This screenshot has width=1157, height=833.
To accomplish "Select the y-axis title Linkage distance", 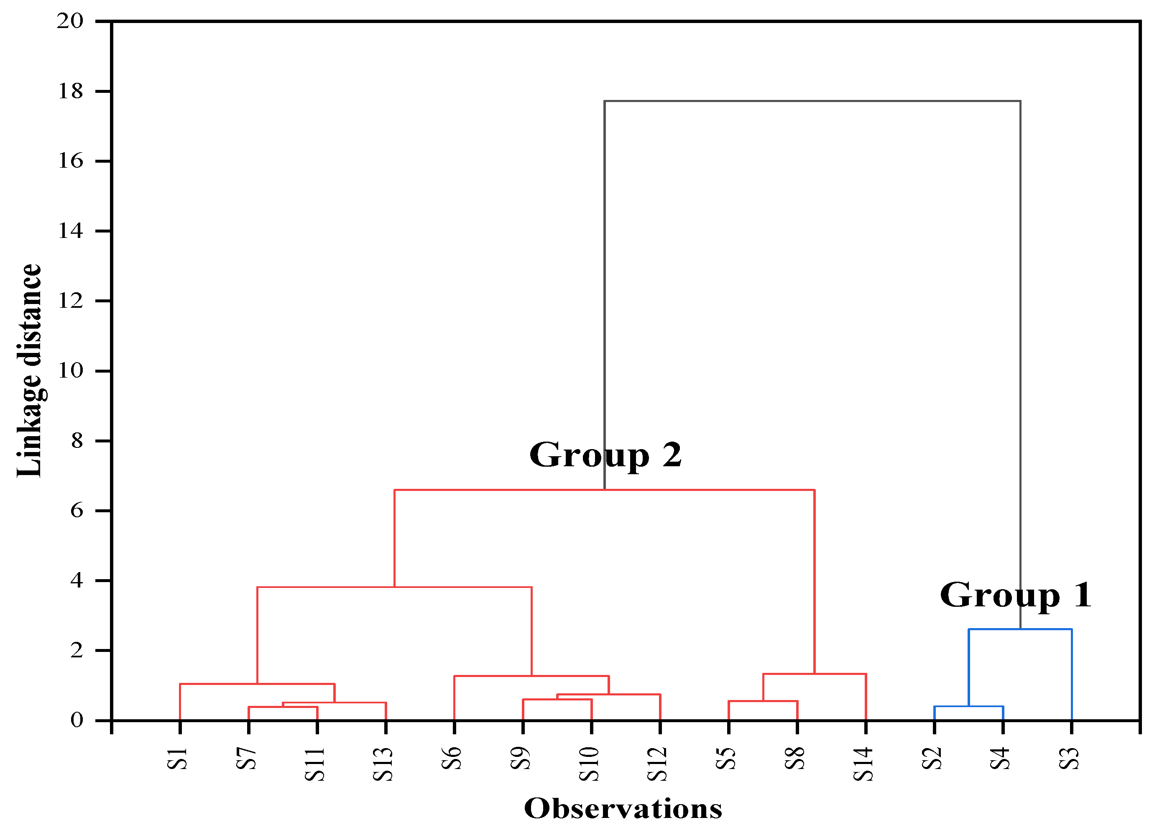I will pos(29,371).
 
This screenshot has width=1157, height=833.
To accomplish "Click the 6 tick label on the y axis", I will pos(77,510).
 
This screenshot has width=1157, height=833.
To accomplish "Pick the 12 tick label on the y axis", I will pos(70,301).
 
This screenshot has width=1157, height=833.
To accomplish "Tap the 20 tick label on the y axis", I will pos(70,21).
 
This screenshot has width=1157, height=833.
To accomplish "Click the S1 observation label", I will pos(178,759).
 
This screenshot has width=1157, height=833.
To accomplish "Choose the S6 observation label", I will pos(452,759).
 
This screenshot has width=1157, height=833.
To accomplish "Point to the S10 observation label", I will pos(589,764).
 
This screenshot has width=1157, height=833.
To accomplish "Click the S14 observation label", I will pos(863,764).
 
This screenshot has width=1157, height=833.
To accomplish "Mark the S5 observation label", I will pos(726,759).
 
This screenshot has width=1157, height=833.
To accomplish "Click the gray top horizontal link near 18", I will pos(812,101).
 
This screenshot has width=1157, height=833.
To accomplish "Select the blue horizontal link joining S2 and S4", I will pos(968,706).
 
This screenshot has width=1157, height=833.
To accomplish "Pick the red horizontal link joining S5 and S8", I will pos(763,701).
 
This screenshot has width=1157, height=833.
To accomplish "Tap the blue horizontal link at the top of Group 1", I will pos(1020,629).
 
